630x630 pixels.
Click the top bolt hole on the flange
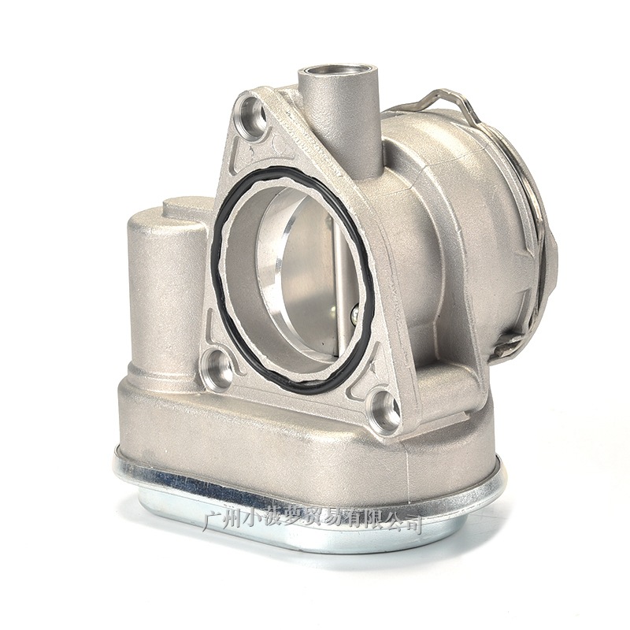(252, 114)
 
